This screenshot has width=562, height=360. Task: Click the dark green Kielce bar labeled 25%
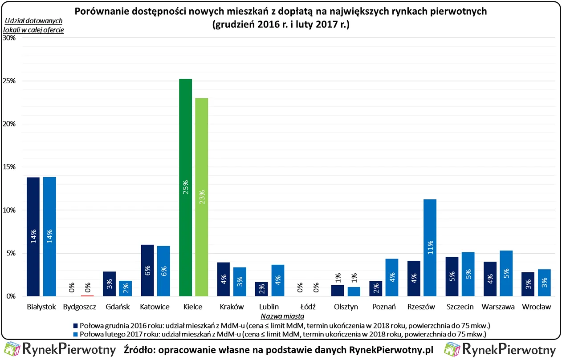click(185, 187)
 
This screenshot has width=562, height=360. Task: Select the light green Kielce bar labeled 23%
click(201, 196)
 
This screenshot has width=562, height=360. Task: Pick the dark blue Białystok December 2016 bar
click(33, 236)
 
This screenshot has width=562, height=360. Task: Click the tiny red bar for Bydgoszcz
click(87, 295)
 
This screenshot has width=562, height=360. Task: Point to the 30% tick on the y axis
click(10, 38)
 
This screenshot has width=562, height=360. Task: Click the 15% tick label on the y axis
click(10, 167)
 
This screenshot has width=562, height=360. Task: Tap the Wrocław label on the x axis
click(536, 307)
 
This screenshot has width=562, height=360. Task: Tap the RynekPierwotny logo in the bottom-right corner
click(501, 349)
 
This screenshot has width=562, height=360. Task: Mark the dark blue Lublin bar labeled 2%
click(262, 289)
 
